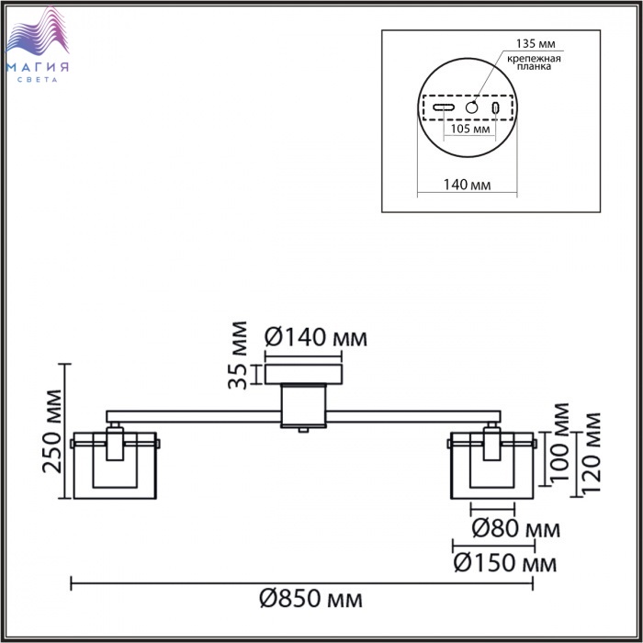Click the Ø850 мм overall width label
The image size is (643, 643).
coord(310,599)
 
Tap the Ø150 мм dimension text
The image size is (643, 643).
coord(505,563)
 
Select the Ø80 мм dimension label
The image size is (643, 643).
coord(516,528)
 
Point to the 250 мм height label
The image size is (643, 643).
coord(53,431)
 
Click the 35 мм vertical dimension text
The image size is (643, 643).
coord(238,355)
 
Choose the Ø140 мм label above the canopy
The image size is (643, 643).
coord(316,338)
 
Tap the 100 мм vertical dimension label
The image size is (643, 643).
coord(559,443)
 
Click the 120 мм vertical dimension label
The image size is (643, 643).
coord(591,453)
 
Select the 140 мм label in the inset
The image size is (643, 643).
coord(467,185)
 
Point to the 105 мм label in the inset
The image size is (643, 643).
coord(470,129)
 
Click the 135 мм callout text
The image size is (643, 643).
coord(536,43)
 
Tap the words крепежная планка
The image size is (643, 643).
coord(534,62)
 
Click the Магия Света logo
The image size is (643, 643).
coord(38,44)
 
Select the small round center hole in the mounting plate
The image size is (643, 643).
coord(471,107)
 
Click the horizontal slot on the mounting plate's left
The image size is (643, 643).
coord(444,107)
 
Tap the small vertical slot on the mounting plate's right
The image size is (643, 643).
coord(495,107)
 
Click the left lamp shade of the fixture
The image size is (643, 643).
coord(115,466)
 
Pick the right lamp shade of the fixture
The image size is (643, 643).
coord(492,466)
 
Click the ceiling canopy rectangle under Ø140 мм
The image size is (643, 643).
coord(303,374)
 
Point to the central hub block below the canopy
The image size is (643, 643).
coord(303,406)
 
